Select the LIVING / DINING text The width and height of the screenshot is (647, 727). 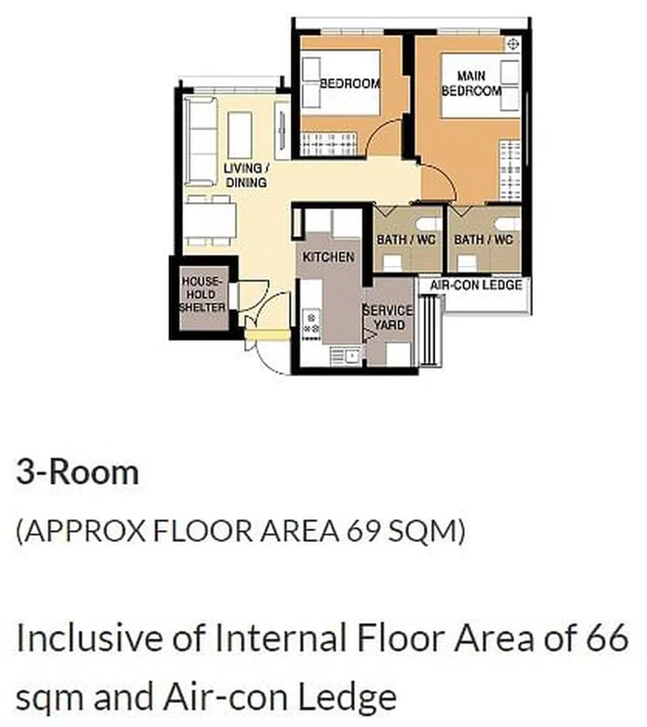pos(245,176)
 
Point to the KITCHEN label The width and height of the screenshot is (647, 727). pos(328,257)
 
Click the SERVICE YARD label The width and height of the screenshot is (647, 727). pos(388,317)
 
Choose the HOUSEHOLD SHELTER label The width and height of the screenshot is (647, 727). pos(201,295)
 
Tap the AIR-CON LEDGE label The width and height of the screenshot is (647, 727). pos(475,285)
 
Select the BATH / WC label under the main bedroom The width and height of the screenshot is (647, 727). pos(483,240)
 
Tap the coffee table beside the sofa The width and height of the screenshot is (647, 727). pos(240,136)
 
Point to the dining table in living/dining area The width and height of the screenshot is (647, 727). pos(210,219)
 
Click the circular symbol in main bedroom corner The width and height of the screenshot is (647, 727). pos(513,43)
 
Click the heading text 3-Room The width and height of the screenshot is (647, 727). pos(77,473)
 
